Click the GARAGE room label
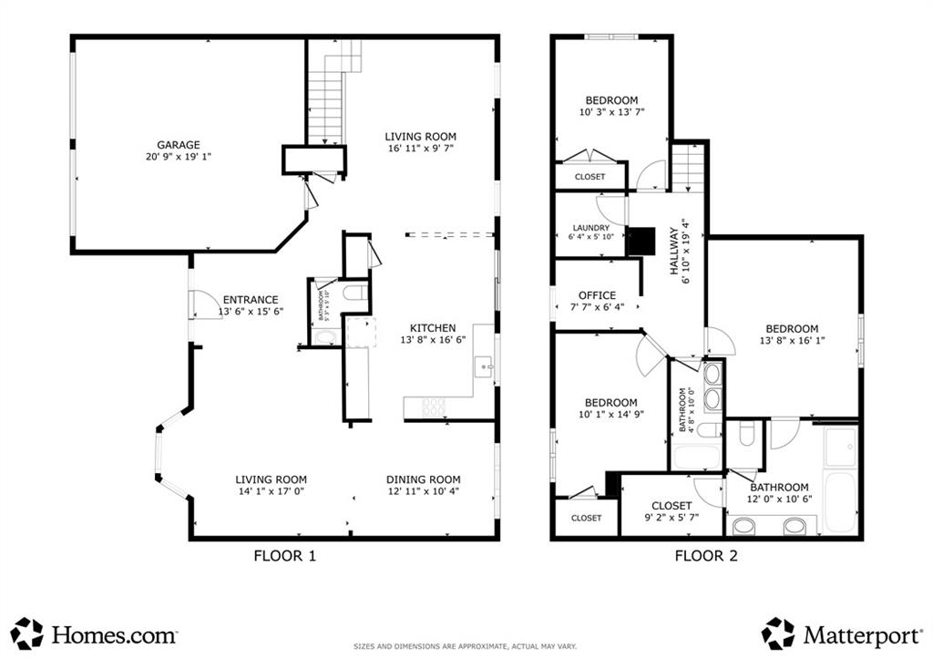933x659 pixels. [178, 144]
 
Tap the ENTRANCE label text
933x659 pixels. [251, 299]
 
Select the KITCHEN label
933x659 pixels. [432, 328]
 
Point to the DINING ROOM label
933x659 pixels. [423, 479]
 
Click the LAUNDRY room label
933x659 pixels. [590, 228]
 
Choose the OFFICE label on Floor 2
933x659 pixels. [597, 295]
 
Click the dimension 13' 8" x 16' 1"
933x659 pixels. [791, 342]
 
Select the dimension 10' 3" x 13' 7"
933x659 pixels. [610, 113]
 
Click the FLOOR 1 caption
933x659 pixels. [284, 554]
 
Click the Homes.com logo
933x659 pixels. [95, 633]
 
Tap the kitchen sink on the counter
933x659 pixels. [486, 366]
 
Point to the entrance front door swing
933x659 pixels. [201, 305]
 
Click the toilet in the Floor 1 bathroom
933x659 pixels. [356, 293]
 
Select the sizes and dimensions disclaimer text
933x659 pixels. [466, 646]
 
